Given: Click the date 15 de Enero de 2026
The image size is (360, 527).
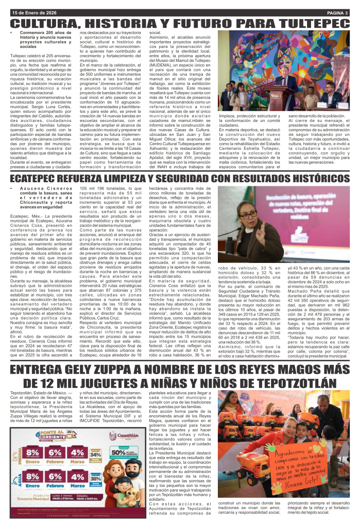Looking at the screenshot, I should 36,12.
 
